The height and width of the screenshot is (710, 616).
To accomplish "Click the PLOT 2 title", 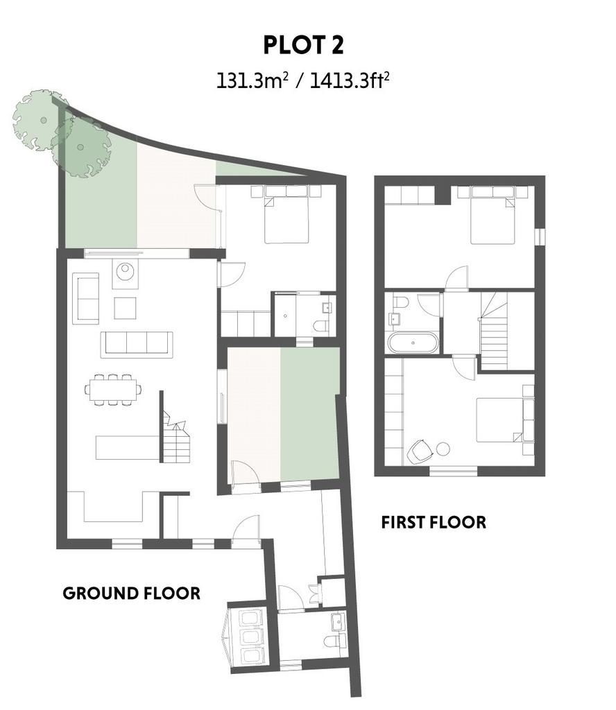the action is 303,45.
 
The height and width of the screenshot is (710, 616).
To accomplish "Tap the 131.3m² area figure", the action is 253,81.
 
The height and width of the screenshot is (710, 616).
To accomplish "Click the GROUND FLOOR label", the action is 131,594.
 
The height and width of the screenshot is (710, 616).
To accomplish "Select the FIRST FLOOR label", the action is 434,522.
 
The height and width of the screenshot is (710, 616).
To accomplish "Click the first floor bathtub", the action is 413,343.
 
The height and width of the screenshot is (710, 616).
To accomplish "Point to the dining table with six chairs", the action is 113,389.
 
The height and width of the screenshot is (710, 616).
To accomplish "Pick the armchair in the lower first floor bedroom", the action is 420,451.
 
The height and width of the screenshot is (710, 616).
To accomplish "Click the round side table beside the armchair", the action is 443,449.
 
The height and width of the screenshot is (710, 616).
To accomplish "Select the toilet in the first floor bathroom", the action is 401,302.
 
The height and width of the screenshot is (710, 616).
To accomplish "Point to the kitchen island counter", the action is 127,447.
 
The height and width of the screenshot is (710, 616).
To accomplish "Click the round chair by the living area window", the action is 125,272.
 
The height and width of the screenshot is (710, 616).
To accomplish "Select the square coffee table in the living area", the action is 125,308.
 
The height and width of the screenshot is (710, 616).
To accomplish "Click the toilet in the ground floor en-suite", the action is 321,326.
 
